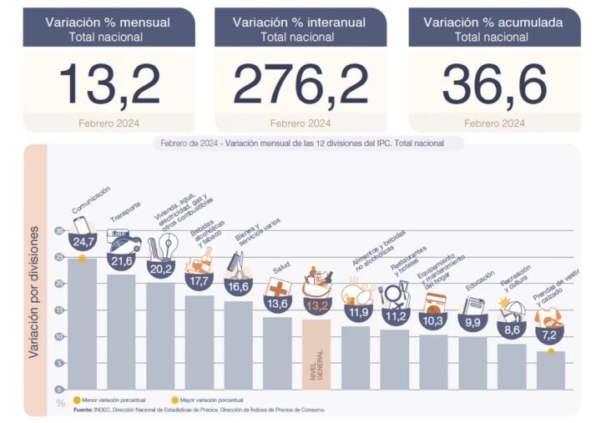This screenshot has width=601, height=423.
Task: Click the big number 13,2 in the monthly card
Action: pyautogui.click(x=109, y=83)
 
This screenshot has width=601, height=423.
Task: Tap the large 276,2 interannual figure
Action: pyautogui.click(x=300, y=83)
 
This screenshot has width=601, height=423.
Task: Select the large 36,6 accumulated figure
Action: pyautogui.click(x=494, y=83)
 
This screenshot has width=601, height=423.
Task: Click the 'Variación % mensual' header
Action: pyautogui.click(x=109, y=23)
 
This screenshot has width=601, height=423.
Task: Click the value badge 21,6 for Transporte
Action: pyautogui.click(x=123, y=261)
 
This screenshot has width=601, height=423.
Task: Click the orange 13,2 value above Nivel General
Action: pyautogui.click(x=316, y=306)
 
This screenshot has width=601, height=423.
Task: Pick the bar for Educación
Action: pyautogui.click(x=473, y=362)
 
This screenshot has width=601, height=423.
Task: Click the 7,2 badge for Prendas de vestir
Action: pyautogui.click(x=549, y=335)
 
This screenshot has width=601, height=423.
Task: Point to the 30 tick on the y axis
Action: pyautogui.click(x=59, y=230)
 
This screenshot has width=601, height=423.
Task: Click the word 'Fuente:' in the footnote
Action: pyautogui.click(x=83, y=410)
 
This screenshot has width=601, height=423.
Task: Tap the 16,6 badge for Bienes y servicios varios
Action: pyautogui.click(x=238, y=286)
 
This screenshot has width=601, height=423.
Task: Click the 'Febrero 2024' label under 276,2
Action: pyautogui.click(x=300, y=123)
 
